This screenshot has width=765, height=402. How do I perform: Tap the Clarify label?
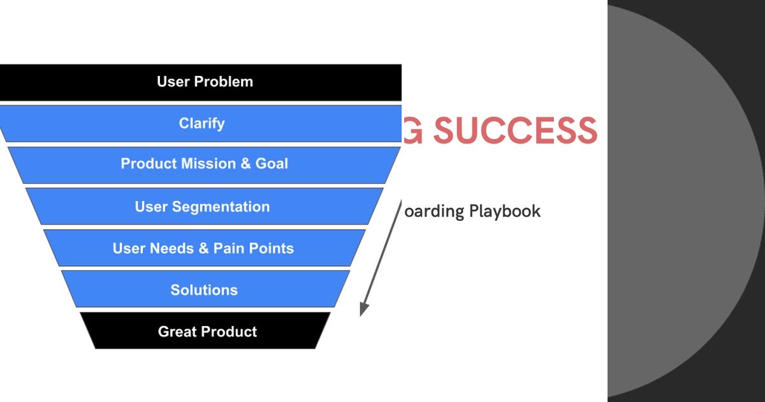(x=201, y=123)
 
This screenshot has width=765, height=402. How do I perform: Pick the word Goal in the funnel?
(x=272, y=163)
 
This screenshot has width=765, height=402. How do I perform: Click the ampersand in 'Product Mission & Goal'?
(x=245, y=163)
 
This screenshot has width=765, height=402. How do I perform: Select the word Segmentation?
(x=221, y=207)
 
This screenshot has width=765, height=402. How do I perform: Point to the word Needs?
(x=171, y=248)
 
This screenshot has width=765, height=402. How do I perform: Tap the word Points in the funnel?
(x=271, y=248)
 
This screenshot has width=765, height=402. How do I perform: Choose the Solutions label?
(x=204, y=290)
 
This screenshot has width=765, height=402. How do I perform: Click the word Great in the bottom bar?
(x=177, y=332)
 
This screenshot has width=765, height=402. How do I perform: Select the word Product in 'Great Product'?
(x=228, y=332)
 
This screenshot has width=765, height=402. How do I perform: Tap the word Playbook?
(x=505, y=211)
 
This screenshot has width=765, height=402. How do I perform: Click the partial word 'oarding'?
(x=435, y=211)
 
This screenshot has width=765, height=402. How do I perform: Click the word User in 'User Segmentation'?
(x=151, y=207)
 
